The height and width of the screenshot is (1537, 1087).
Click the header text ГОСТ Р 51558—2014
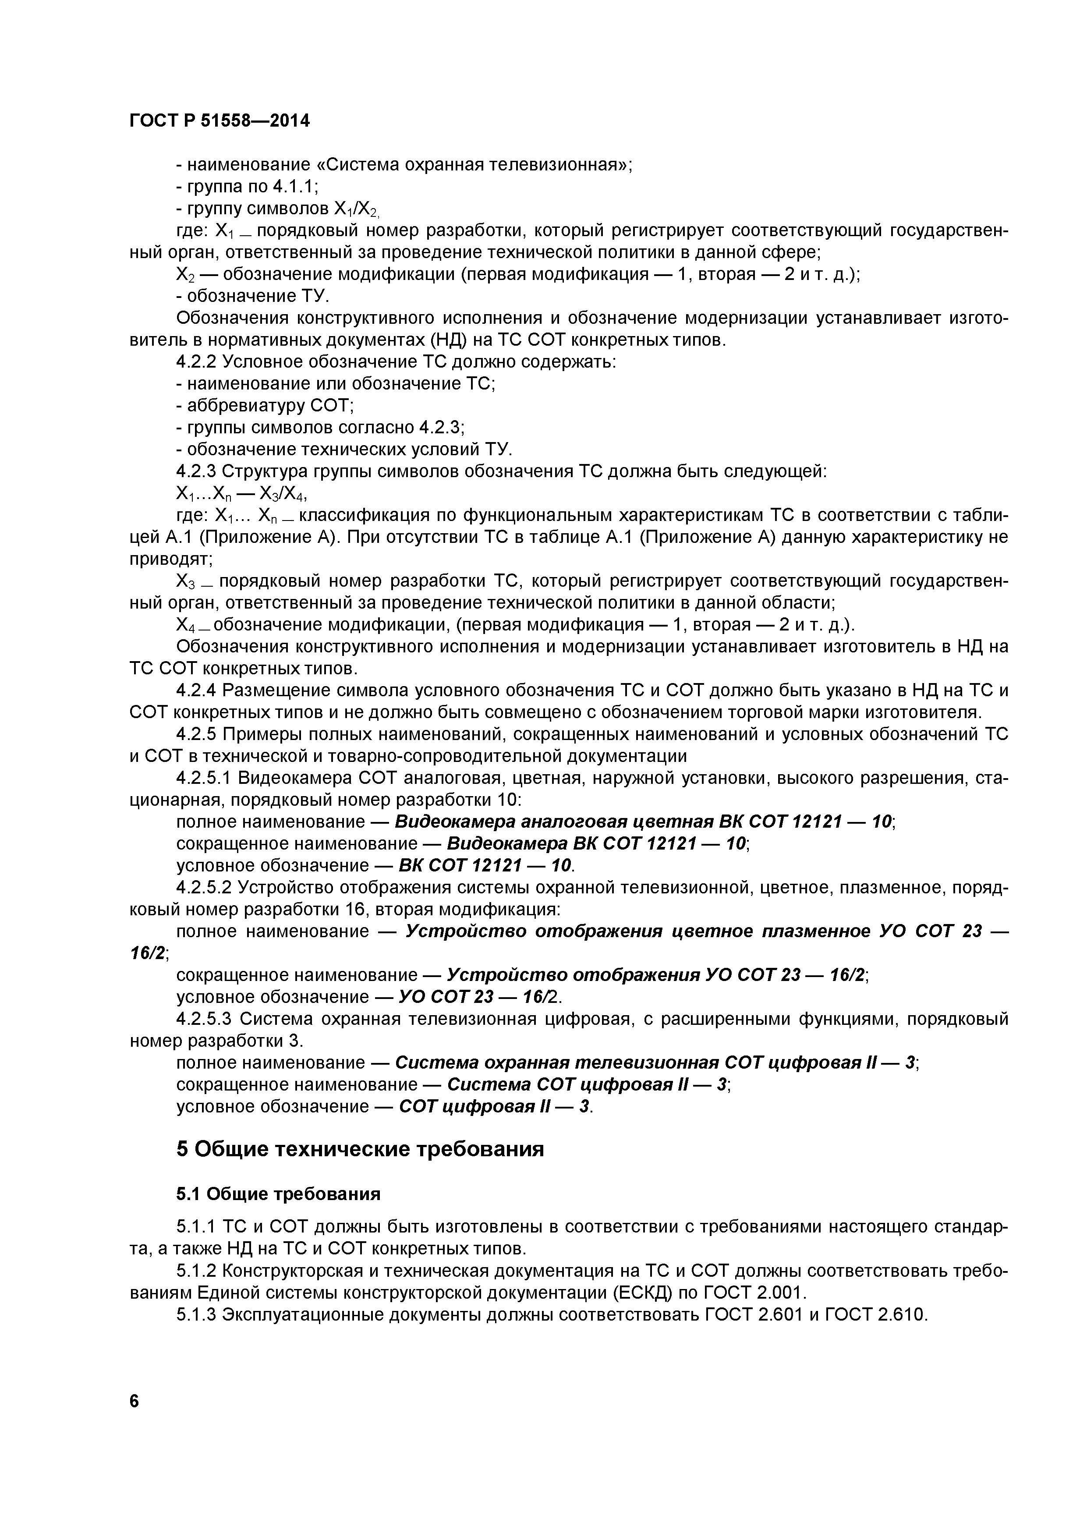pyautogui.click(x=220, y=121)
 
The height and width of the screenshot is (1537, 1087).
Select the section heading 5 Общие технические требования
pyautogui.click(x=360, y=1149)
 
